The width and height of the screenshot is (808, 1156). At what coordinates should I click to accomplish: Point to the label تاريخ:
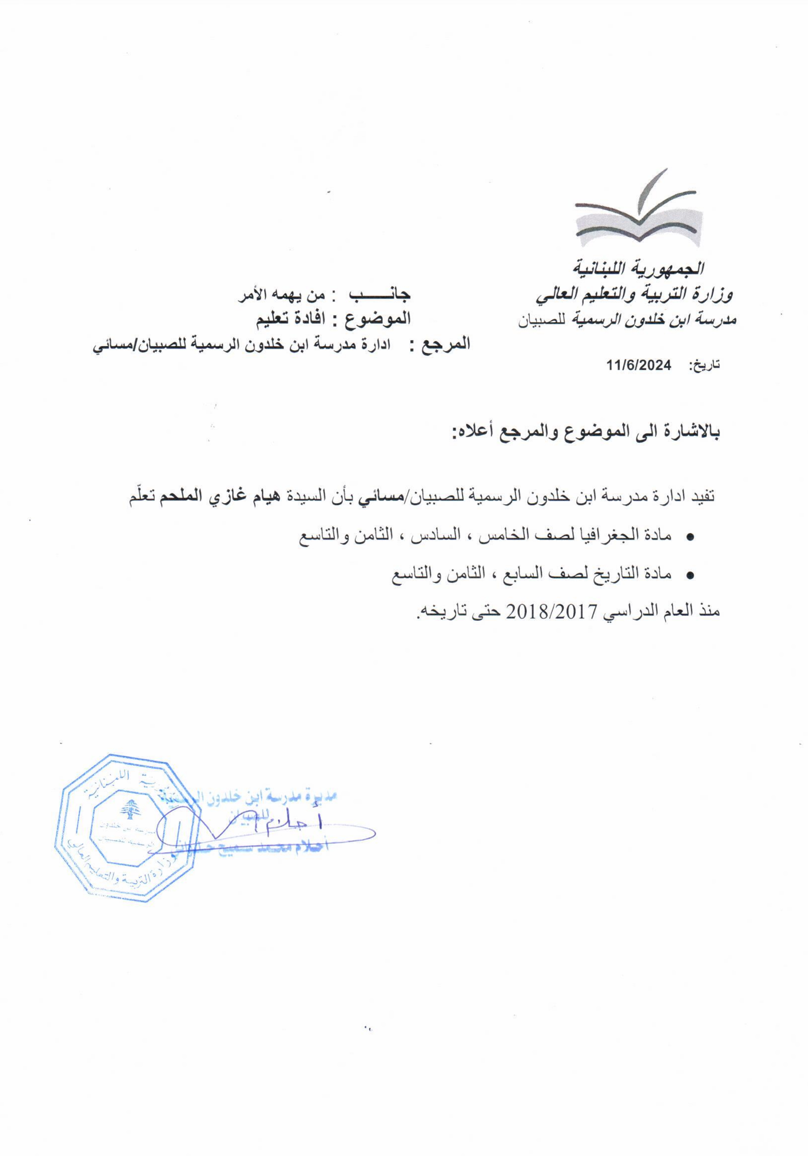[704, 366]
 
